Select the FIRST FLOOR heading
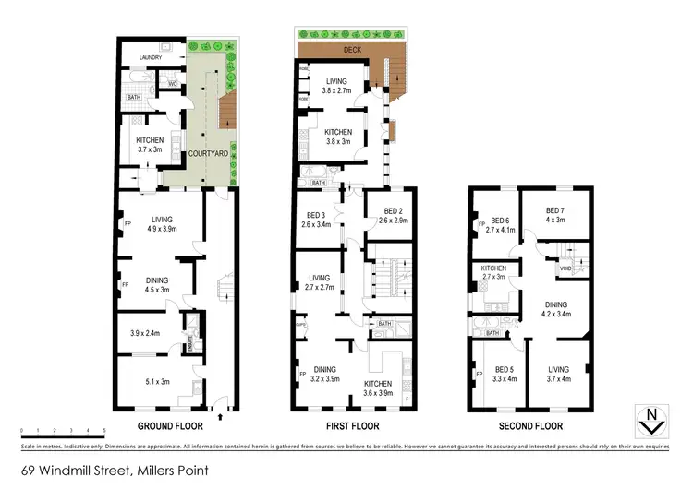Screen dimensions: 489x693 tap(350, 426)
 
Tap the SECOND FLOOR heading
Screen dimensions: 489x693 tap(530, 426)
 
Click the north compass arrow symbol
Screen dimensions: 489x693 tap(653, 420)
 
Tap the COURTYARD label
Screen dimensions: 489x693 tap(210, 155)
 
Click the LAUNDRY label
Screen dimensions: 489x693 tap(150, 58)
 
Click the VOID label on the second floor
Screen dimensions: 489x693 tap(565, 268)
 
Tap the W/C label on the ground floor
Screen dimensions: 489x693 tap(172, 84)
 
